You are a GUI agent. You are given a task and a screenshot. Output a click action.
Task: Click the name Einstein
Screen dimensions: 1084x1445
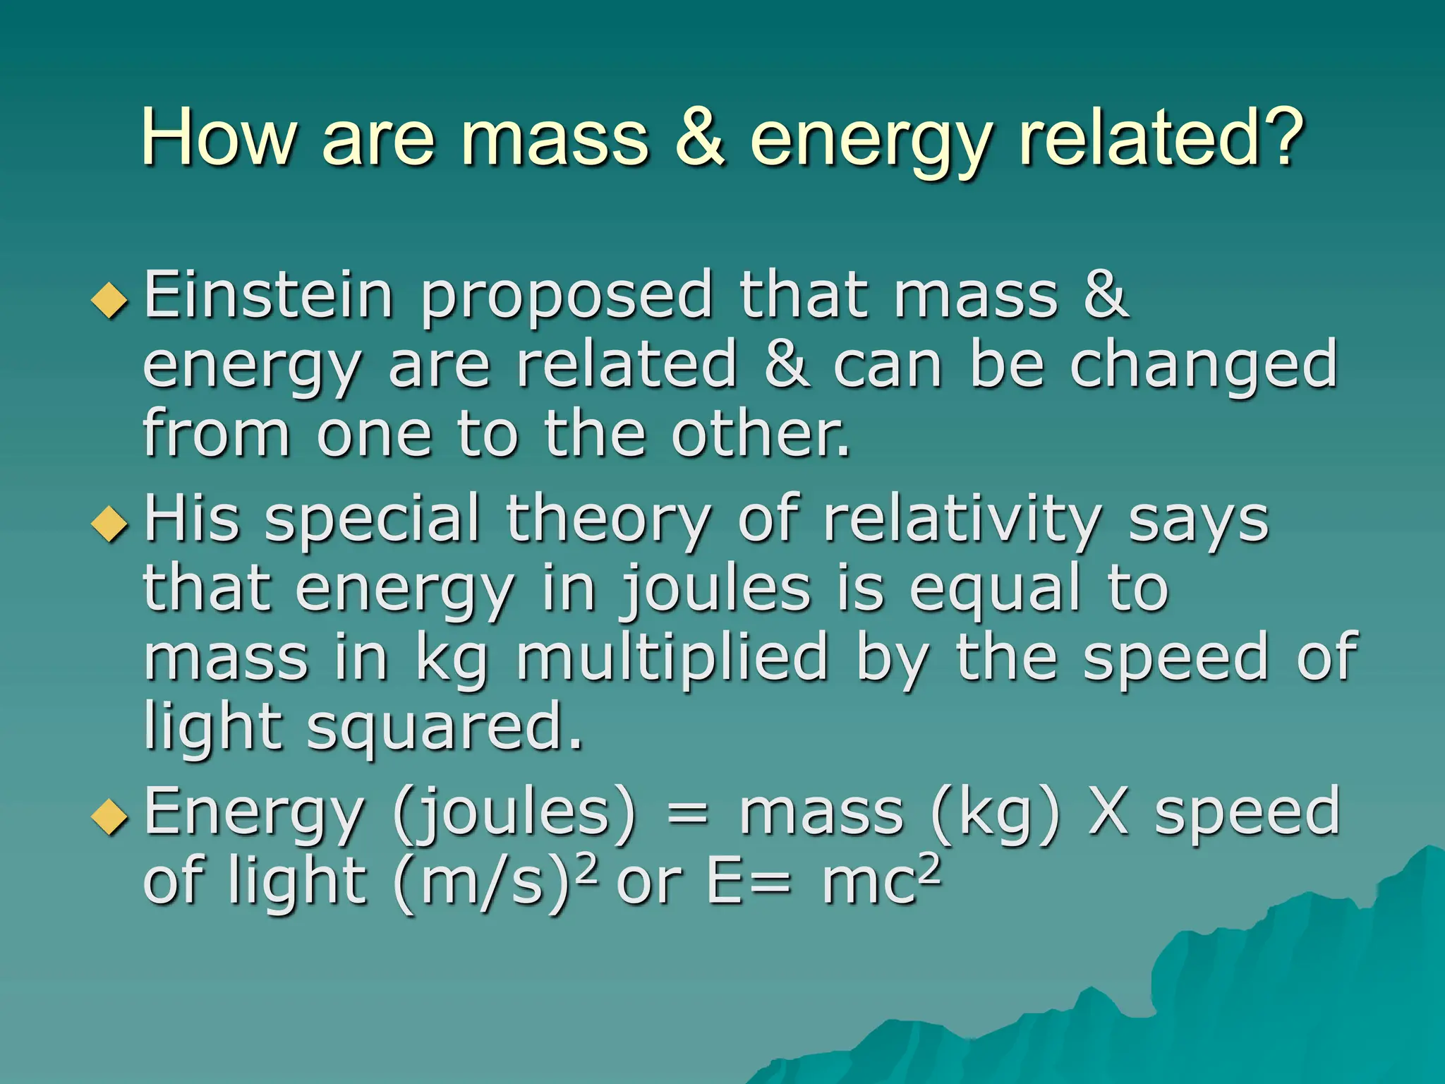(268, 295)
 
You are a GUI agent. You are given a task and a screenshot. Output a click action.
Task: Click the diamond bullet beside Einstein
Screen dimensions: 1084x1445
(110, 300)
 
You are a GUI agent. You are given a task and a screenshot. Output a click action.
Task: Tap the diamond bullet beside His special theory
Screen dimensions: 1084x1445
(110, 524)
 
